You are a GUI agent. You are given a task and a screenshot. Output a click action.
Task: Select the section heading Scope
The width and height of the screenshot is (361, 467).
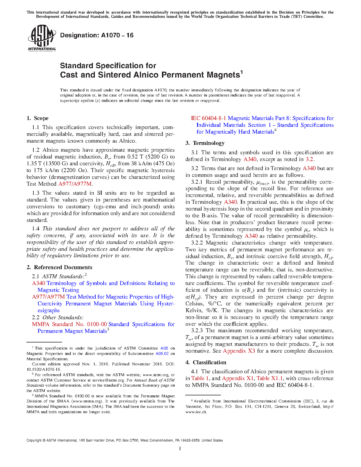(41, 118)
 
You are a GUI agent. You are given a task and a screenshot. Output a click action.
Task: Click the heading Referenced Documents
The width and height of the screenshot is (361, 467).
(63, 267)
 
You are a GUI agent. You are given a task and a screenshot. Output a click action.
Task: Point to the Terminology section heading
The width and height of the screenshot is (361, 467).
(209, 143)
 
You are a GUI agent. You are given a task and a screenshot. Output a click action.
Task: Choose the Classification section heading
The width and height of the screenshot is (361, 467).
(210, 363)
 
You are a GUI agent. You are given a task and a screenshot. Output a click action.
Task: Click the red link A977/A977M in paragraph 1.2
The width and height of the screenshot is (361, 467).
(75, 184)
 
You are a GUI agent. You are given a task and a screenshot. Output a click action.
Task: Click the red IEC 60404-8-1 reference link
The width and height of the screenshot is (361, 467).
(208, 118)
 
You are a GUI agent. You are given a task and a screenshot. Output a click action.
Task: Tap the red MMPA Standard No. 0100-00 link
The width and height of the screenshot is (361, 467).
(69, 324)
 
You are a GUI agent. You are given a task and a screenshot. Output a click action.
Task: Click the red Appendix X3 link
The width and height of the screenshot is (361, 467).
(239, 351)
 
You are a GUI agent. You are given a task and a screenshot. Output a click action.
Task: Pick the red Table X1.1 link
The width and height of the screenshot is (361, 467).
(270, 378)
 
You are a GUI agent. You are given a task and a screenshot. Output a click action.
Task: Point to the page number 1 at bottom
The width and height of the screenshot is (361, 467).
(180, 449)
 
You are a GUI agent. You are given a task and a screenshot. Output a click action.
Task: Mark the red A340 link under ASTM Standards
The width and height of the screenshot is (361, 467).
(39, 283)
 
